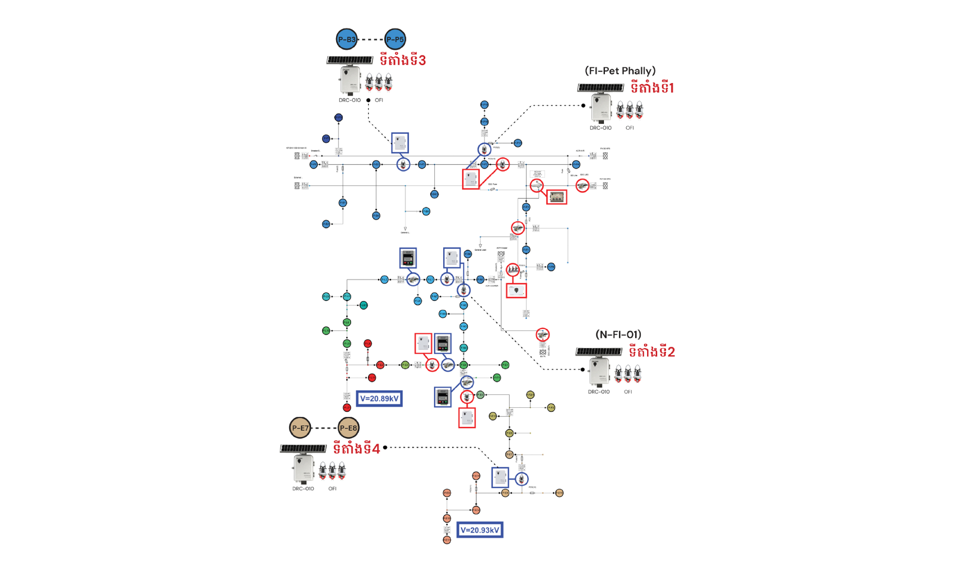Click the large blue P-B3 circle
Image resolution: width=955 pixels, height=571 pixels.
click(x=347, y=39)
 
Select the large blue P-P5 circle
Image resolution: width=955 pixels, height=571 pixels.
click(x=395, y=39)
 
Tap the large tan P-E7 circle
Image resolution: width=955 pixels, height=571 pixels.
click(x=300, y=428)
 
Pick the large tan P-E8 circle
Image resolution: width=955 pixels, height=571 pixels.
click(x=348, y=428)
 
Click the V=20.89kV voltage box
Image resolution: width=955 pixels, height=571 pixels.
click(x=379, y=398)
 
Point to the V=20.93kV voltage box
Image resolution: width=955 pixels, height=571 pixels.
click(x=479, y=530)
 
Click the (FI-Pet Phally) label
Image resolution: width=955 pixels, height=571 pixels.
click(x=620, y=71)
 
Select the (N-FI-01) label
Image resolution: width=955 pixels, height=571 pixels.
click(x=618, y=335)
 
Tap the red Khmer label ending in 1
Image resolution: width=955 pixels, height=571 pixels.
click(x=652, y=88)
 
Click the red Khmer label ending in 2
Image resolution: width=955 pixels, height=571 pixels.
click(x=652, y=352)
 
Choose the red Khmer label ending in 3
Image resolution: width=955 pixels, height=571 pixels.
click(x=402, y=61)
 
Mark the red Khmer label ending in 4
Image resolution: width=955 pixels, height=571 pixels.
click(x=356, y=449)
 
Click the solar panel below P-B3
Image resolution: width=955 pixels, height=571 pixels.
click(x=350, y=60)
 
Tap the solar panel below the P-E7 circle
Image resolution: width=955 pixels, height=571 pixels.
click(x=303, y=449)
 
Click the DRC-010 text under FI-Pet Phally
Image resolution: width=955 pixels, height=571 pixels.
click(x=600, y=128)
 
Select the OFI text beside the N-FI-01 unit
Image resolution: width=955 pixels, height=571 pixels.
click(x=628, y=392)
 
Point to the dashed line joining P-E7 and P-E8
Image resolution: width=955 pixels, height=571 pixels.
click(x=324, y=428)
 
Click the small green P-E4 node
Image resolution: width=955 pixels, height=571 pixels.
click(x=464, y=365)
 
